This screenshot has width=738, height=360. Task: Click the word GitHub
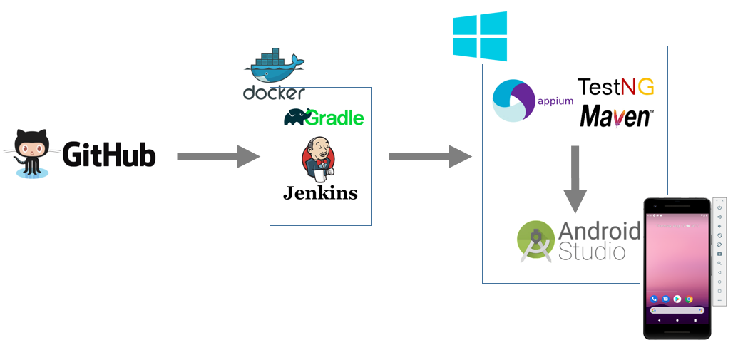pos(108,155)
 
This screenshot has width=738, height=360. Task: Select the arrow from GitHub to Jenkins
pos(218,156)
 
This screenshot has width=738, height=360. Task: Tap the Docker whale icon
pos(274,66)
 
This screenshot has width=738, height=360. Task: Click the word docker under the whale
pos(274,92)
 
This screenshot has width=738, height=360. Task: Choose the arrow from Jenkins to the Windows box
pos(430,156)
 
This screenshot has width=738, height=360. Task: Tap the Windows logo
pos(480,36)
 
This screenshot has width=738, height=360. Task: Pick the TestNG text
pos(615,86)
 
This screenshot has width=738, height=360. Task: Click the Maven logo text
pos(616,116)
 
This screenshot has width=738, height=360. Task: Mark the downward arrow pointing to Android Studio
pos(575,180)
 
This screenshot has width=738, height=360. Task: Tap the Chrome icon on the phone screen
pos(689,299)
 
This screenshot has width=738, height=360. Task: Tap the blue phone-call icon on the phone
pos(654,299)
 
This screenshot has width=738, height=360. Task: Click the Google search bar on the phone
pos(677,310)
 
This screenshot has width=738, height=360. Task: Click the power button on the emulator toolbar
pos(719,207)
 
